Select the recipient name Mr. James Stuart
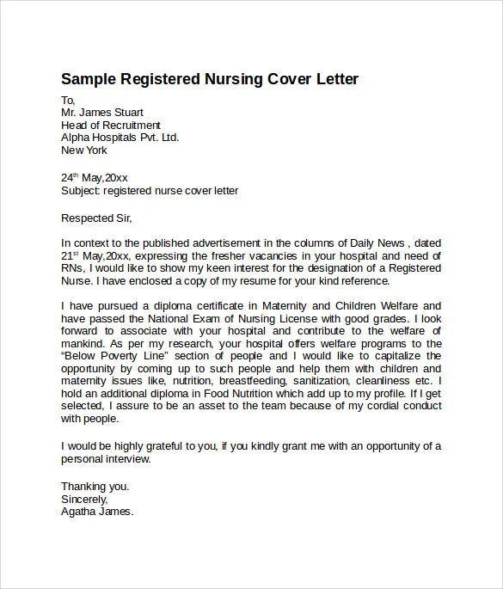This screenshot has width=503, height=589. point(102,113)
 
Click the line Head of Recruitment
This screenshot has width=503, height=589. point(111,126)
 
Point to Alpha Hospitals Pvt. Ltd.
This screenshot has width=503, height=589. point(120,138)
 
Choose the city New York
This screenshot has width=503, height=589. point(84,150)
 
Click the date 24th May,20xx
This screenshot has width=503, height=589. point(95,178)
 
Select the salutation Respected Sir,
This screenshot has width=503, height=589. point(97,218)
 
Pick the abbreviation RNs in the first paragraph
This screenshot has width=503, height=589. point(71,268)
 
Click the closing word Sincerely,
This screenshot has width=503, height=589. point(84,499)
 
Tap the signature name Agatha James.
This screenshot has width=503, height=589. point(97,512)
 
